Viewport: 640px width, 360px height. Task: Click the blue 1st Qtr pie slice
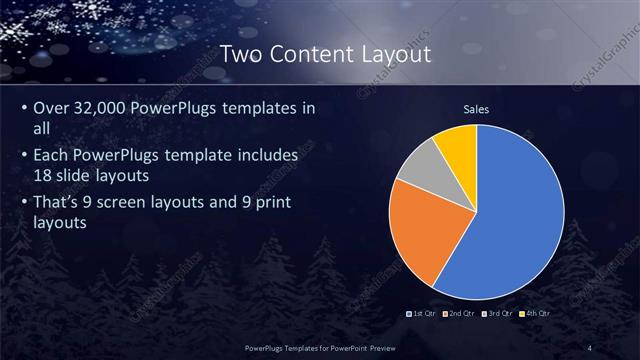(x=510, y=220)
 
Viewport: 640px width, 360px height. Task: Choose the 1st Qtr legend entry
(x=421, y=314)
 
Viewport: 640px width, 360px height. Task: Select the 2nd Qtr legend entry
(x=459, y=314)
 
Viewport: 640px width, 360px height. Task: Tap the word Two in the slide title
(x=240, y=53)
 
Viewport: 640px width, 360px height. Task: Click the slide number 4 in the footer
(x=590, y=346)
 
